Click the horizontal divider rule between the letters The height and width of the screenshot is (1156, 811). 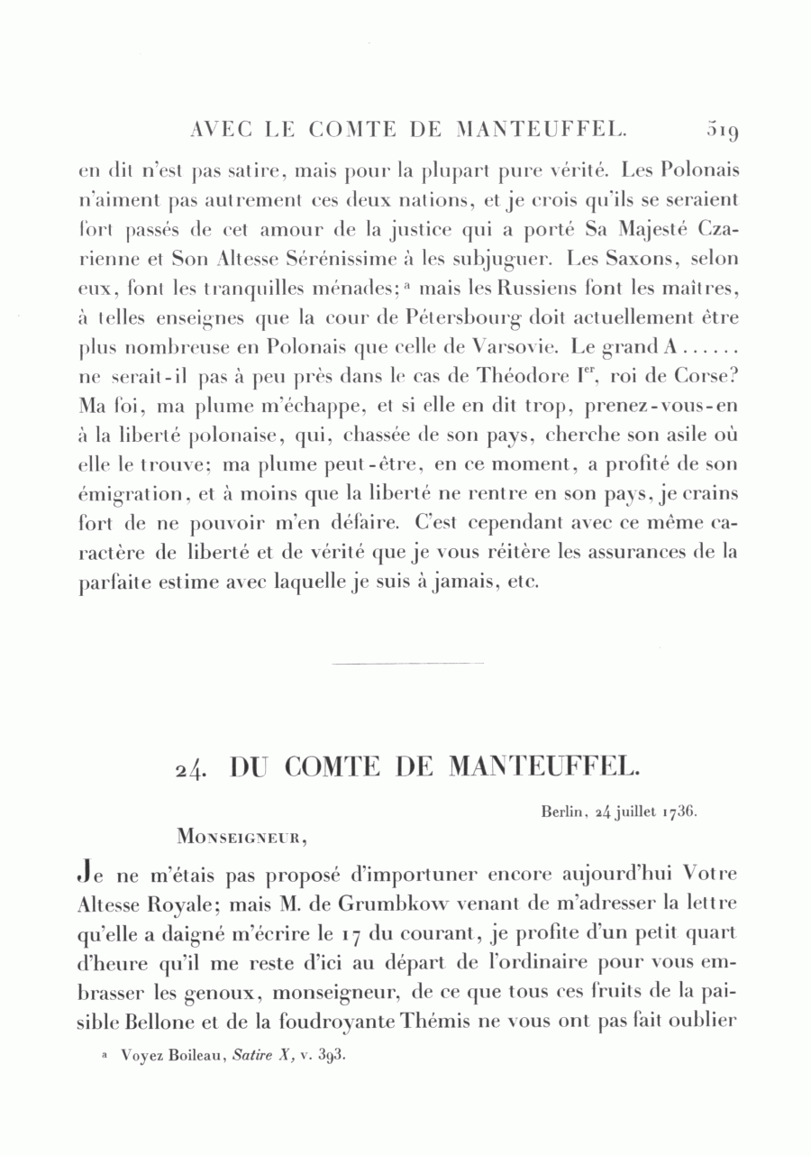(x=407, y=665)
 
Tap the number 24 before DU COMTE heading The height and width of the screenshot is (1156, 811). (x=191, y=769)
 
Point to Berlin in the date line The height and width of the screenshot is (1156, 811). (x=563, y=812)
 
